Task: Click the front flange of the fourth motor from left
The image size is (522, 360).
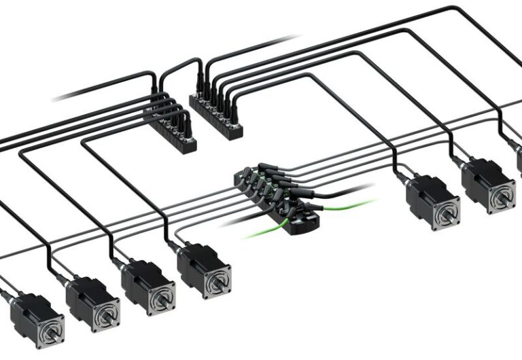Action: [x=217, y=278]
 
